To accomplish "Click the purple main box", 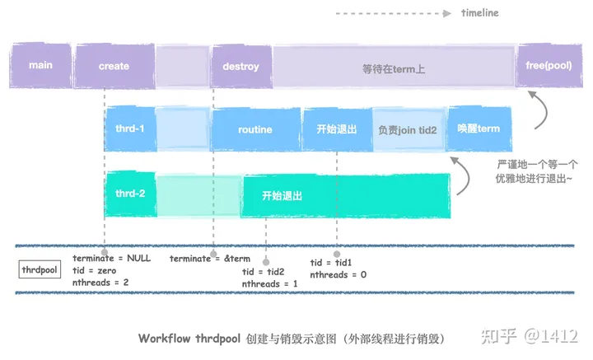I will (40, 66).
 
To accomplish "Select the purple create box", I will (114, 66).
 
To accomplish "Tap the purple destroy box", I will (240, 66).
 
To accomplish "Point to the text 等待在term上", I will (394, 68).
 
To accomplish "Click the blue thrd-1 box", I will (129, 129).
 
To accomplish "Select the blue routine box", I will (255, 130).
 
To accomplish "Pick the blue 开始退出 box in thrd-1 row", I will (337, 129).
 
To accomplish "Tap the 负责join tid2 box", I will (407, 130).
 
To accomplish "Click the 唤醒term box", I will (479, 129).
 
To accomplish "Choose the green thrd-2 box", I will (129, 194).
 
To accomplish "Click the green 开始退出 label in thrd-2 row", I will (282, 196).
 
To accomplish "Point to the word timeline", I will (479, 13).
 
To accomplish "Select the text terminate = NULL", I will (111, 258).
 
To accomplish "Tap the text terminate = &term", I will (209, 258).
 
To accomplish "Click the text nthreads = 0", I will (338, 274).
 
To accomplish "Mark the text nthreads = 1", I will (270, 283).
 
